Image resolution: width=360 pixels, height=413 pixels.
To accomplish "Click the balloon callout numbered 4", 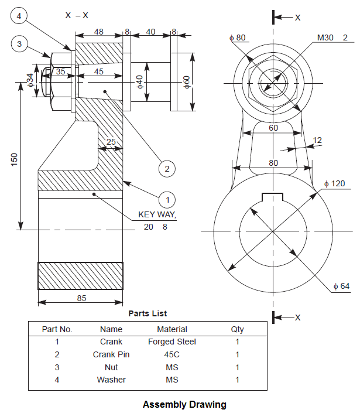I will click(19, 16).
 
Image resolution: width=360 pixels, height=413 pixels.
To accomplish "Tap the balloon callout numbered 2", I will click(167, 169).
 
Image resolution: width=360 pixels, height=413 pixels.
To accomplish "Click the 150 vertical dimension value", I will click(15, 159).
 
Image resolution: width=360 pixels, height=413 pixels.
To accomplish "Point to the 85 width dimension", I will click(81, 298).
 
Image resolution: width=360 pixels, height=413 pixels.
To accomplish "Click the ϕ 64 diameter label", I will click(343, 286).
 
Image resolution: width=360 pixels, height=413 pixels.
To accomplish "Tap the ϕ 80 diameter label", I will click(238, 38).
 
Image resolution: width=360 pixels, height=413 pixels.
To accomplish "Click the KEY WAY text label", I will click(156, 216).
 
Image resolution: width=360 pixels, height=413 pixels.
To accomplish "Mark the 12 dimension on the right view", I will click(317, 140).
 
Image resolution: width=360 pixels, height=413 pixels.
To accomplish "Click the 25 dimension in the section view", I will click(111, 142).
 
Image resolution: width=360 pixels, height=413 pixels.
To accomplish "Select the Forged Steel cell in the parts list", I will click(172, 342).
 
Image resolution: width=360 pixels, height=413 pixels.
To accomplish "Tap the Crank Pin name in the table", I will click(111, 354).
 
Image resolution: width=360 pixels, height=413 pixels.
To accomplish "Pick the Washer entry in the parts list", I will click(111, 380).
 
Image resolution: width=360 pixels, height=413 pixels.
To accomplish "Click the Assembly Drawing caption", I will click(184, 404).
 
